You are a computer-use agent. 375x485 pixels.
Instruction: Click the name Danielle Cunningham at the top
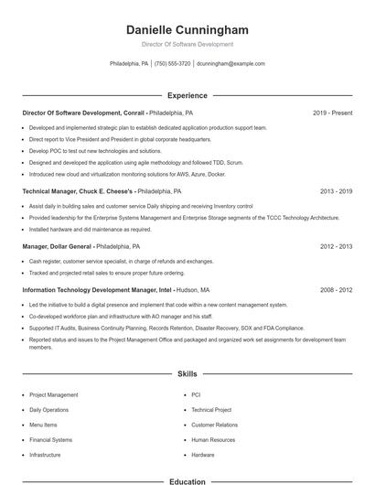pos(187,30)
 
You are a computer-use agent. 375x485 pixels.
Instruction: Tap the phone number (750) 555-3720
pos(173,64)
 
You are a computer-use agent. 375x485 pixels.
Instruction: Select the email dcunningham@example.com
pos(230,64)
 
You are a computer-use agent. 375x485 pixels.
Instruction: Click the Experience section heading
pos(187,95)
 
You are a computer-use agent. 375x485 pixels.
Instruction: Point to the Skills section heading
pos(187,374)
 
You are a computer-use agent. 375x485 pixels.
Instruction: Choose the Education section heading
pos(187,480)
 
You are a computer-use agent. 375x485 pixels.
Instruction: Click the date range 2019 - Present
pos(332,113)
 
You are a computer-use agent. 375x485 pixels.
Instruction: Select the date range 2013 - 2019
pos(336,192)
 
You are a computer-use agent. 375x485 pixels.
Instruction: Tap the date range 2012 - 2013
pos(336,246)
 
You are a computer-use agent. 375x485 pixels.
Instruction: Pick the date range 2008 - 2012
pos(336,289)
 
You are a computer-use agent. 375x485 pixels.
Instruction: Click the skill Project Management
pos(54,395)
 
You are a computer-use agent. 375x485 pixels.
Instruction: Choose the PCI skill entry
pos(196,395)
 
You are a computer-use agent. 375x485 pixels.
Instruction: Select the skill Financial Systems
pos(50,439)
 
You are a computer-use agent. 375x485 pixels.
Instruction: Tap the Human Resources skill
pos(213,439)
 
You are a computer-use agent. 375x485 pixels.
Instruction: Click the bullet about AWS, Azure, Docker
pos(128,173)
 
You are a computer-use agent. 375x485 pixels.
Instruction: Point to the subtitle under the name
pos(187,44)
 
